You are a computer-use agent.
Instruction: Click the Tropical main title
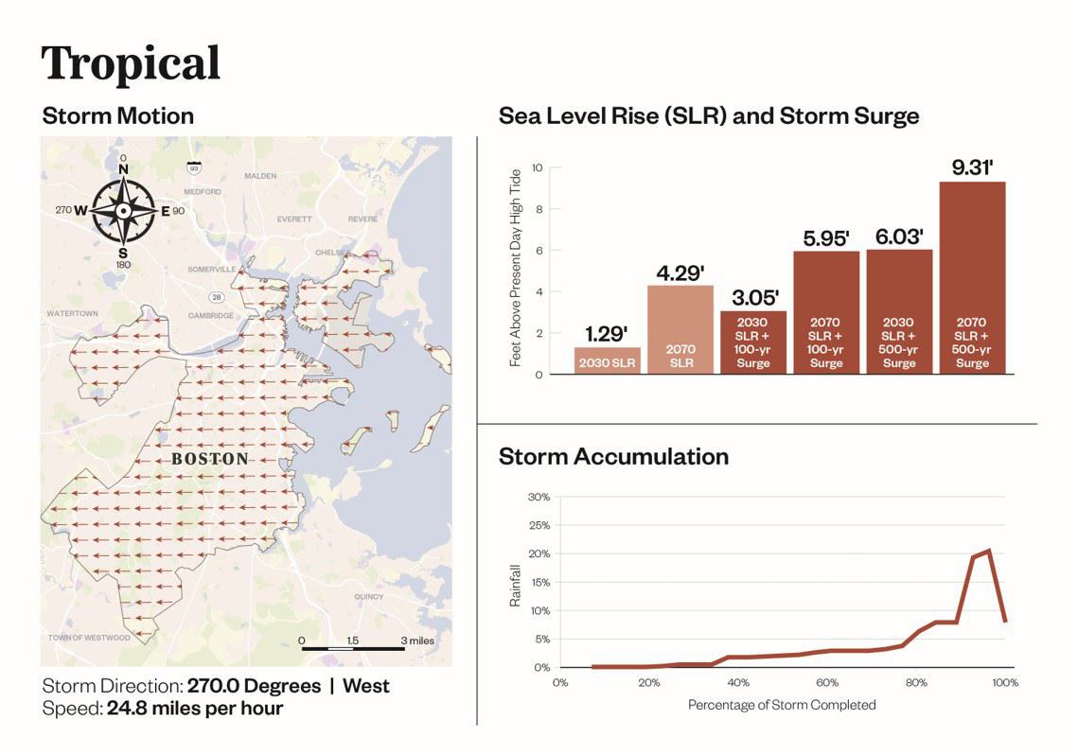(131, 62)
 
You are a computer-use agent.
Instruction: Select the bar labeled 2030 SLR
(607, 360)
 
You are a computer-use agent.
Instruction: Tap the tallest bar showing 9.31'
(972, 277)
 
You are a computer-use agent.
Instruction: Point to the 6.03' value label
(898, 237)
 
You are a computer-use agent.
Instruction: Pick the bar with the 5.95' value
(825, 312)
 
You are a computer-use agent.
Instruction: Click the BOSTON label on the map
(210, 459)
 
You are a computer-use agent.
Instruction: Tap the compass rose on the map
(124, 210)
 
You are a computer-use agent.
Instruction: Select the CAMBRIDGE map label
(210, 315)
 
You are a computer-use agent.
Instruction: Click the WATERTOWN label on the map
(74, 312)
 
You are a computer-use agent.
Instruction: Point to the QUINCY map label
(368, 596)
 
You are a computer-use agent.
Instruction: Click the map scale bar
(353, 649)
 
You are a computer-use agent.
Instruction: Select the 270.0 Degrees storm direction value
(254, 686)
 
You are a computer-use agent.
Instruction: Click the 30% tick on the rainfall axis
(538, 497)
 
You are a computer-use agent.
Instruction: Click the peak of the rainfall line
(988, 551)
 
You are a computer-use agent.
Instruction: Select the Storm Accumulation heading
(613, 456)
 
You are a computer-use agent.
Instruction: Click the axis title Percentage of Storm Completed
(782, 705)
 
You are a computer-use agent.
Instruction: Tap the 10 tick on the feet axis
(537, 167)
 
